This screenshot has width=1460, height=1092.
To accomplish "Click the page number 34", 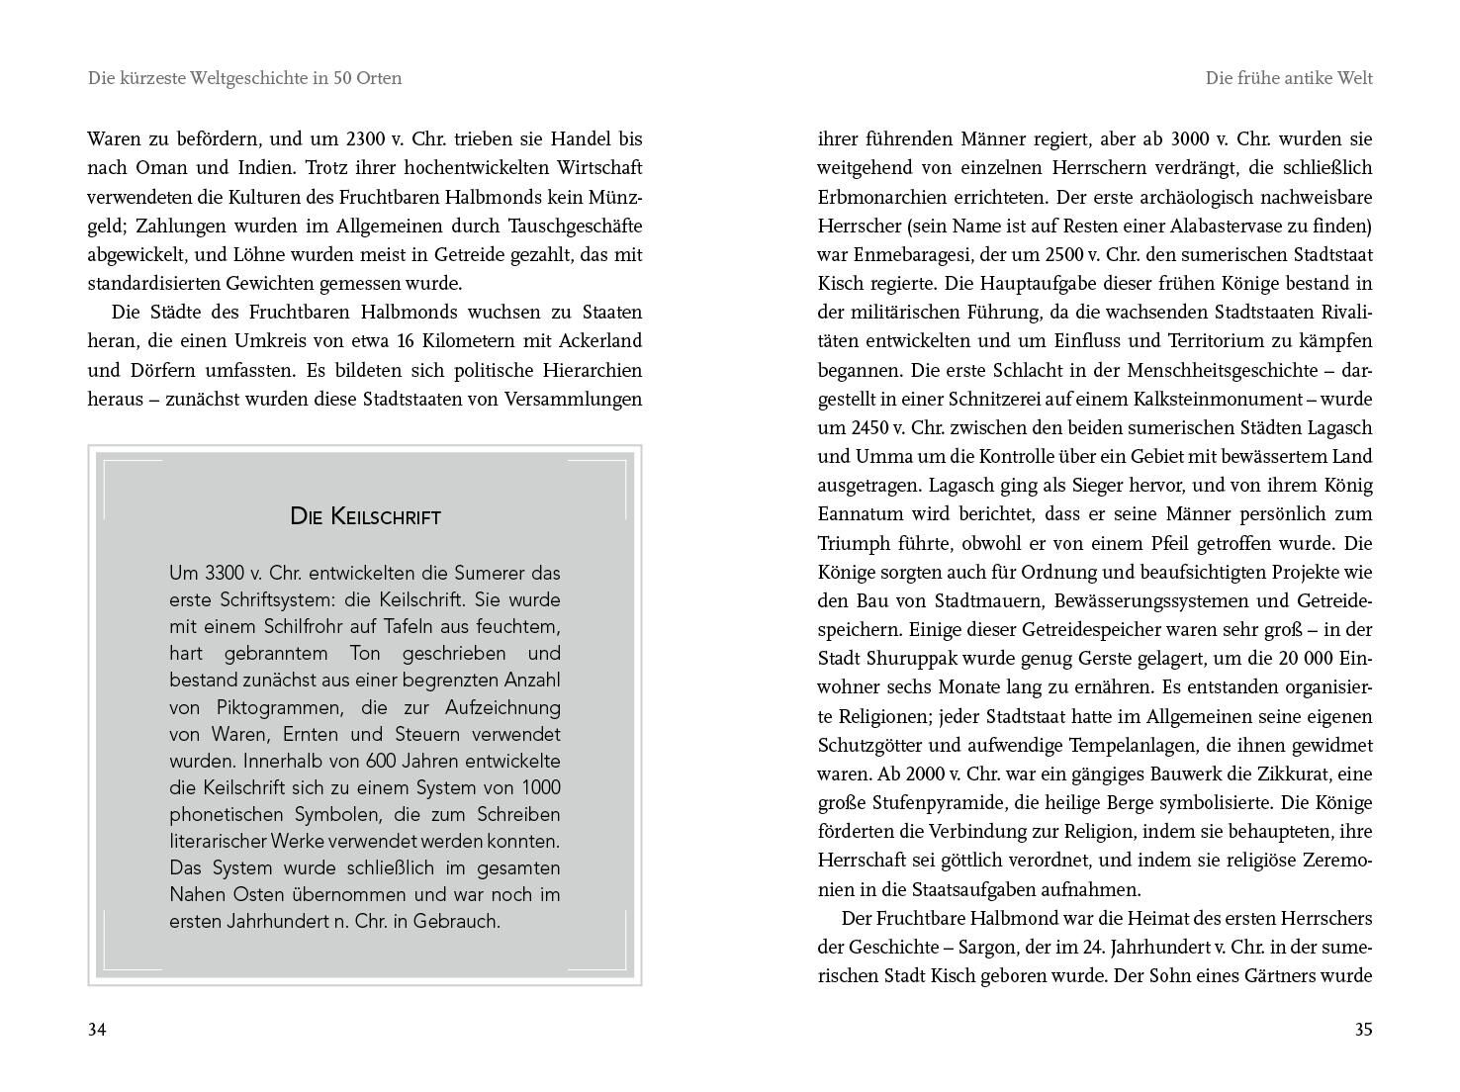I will (97, 1030).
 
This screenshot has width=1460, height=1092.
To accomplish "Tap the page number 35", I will (1363, 1030).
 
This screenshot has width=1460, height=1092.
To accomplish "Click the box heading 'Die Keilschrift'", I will (365, 516).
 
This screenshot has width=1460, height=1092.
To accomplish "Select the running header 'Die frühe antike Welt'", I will (1289, 78).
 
